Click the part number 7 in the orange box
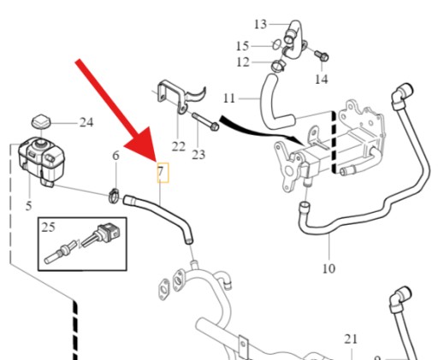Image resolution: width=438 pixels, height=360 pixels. point(161,172)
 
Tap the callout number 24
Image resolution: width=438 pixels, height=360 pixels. point(86,122)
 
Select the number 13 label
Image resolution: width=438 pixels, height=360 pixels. point(260,24)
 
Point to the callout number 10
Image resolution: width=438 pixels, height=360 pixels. point(328,269)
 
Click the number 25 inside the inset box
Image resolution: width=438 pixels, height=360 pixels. point(48,227)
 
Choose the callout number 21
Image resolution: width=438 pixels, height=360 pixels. point(351,339)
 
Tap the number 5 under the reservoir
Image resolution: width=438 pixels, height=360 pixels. point(28,206)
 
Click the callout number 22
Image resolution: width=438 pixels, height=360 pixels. point(179,146)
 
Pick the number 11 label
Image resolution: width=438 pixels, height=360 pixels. point(229,98)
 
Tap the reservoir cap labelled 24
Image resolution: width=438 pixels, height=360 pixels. point(41,122)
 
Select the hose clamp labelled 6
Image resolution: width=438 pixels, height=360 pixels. point(115,196)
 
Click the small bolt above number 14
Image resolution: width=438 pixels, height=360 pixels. point(322,55)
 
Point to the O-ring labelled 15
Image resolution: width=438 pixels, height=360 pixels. point(275,44)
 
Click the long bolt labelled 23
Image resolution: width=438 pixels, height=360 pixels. point(205,121)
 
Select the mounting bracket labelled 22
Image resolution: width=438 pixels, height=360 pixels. point(181,97)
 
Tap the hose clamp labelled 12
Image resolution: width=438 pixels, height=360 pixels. point(278,66)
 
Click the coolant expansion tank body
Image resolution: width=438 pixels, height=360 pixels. point(41,160)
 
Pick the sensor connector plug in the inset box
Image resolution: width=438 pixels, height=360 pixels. point(109,233)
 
